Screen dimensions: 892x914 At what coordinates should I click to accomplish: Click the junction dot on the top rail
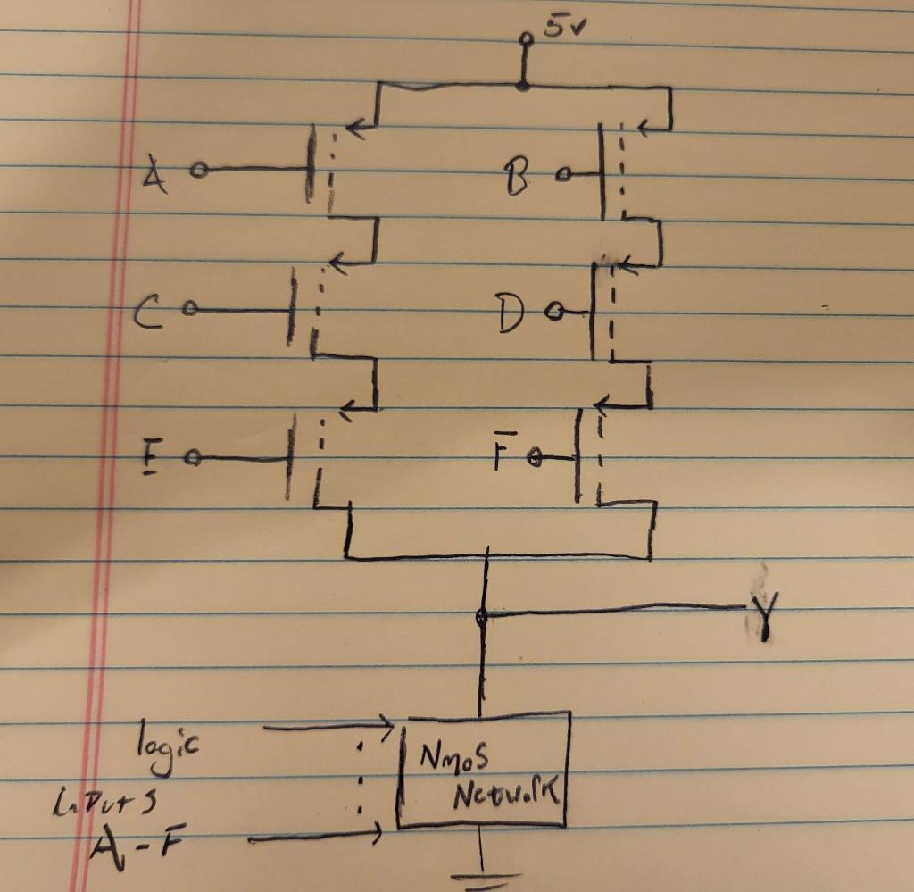click(523, 86)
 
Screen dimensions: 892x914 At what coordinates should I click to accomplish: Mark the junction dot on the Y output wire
click(482, 615)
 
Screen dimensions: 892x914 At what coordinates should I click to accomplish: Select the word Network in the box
click(508, 789)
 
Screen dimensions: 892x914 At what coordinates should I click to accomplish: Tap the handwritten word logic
click(170, 743)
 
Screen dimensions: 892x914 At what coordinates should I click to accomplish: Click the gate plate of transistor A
click(311, 165)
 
